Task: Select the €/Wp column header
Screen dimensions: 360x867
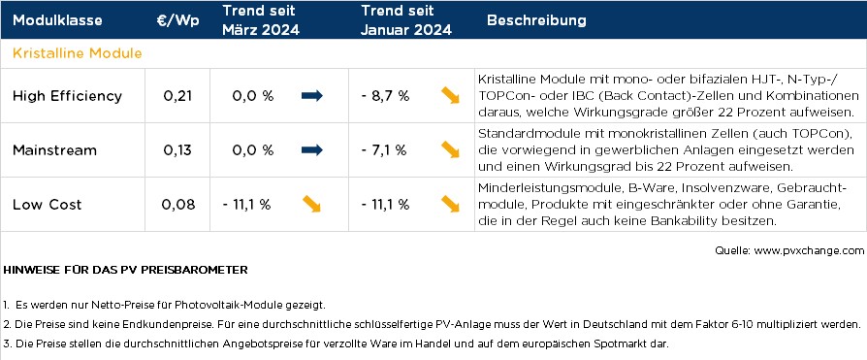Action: point(177,20)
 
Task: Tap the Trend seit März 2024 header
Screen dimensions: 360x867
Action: point(261,20)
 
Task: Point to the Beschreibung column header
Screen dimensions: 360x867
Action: point(536,20)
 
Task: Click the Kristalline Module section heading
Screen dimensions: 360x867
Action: point(78,52)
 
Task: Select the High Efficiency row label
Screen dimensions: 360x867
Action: point(67,96)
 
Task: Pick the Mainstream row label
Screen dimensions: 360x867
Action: point(54,150)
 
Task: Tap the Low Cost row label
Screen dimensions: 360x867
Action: point(48,205)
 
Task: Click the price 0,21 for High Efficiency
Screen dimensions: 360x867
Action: point(178,96)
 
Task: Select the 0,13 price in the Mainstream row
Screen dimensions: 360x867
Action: point(178,150)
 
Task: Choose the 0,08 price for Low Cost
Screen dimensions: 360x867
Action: point(178,205)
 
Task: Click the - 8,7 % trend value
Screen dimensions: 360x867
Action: point(385,96)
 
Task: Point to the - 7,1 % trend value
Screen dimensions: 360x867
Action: point(385,150)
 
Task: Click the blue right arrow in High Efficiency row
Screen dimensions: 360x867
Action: point(312,96)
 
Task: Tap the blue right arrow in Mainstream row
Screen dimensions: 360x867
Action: point(312,150)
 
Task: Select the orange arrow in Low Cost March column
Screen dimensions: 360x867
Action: point(312,205)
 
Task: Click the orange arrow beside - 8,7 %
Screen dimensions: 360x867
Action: point(450,96)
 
